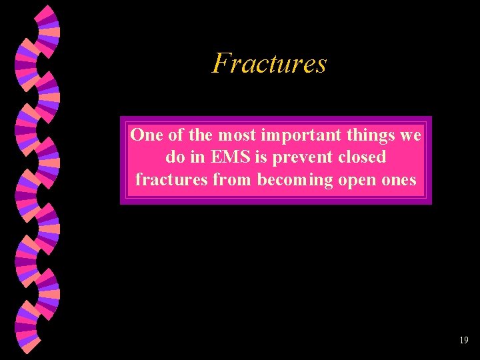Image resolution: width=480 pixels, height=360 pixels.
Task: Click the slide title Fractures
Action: [269, 64]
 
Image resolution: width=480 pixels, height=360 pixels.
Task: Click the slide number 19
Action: [464, 341]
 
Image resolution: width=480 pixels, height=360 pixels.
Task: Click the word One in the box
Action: [145, 135]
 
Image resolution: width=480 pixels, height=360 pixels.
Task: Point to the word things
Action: [359, 136]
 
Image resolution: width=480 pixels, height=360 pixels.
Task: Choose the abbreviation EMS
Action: [225, 157]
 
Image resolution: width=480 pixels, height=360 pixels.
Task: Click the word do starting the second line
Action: [173, 157]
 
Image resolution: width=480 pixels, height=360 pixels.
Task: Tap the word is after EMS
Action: [257, 157]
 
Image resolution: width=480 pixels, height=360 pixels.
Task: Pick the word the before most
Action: [200, 135]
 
